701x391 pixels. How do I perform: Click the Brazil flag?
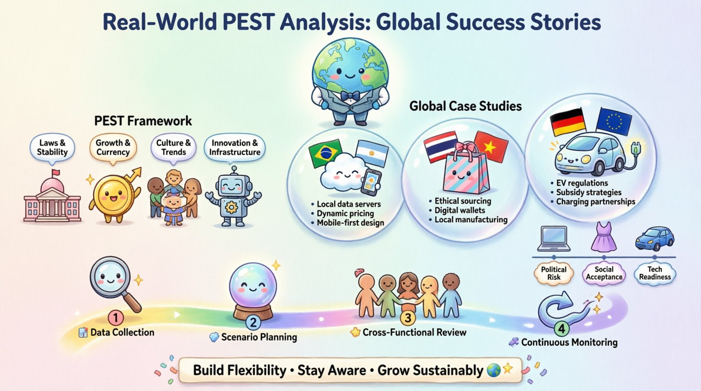tap(325, 153)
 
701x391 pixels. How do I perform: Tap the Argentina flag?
tap(372, 153)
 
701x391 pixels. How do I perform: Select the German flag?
tap(567, 122)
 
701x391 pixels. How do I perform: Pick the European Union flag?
tap(614, 121)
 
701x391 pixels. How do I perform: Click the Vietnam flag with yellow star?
tap(491, 147)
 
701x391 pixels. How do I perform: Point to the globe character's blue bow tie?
tap(350, 96)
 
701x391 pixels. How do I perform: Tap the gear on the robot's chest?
tap(231, 207)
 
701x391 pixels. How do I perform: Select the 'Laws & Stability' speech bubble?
tap(52, 147)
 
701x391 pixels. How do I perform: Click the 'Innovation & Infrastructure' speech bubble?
tap(235, 147)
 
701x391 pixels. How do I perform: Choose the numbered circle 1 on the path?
tap(115, 318)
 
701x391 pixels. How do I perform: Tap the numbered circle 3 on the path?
tap(408, 317)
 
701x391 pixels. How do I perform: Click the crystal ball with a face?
tap(253, 286)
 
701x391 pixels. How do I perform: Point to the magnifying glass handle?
tap(133, 303)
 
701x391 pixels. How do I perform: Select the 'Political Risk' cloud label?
tap(554, 273)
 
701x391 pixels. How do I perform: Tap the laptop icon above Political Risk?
tap(554, 238)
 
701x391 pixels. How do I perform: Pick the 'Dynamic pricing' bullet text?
tap(345, 213)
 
